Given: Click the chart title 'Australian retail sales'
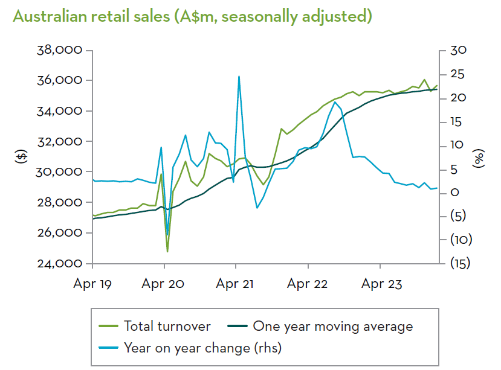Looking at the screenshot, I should coord(192,16).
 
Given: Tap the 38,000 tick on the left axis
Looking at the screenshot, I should coord(59,50).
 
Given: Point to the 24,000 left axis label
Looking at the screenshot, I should coord(59,264).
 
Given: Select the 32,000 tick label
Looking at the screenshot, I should coord(59,142).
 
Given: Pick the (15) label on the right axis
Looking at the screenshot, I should coord(461,264).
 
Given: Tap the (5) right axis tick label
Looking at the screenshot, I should coord(461,216).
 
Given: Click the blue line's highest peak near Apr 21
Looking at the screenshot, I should coord(239,77).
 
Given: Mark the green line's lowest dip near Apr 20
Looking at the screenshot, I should coord(167,251).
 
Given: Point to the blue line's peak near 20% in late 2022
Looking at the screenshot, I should coord(335,102).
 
